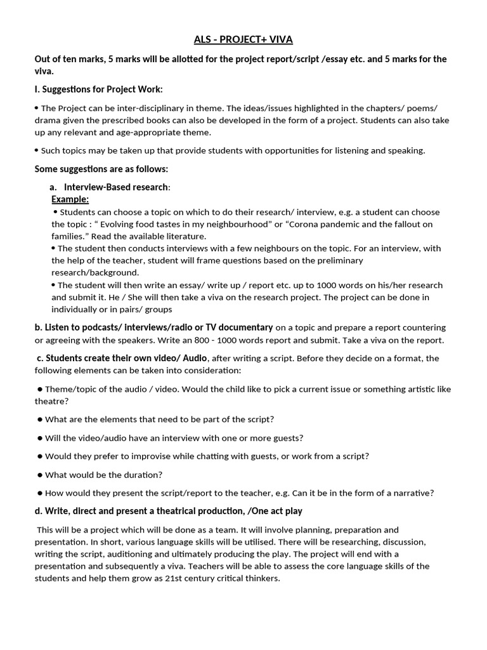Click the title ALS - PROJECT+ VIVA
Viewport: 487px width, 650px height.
click(x=243, y=40)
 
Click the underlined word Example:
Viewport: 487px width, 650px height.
click(x=70, y=199)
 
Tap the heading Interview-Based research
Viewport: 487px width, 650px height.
click(x=116, y=187)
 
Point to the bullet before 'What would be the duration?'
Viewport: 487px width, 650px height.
click(x=40, y=474)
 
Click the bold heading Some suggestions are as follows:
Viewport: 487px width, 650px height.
click(x=101, y=169)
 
